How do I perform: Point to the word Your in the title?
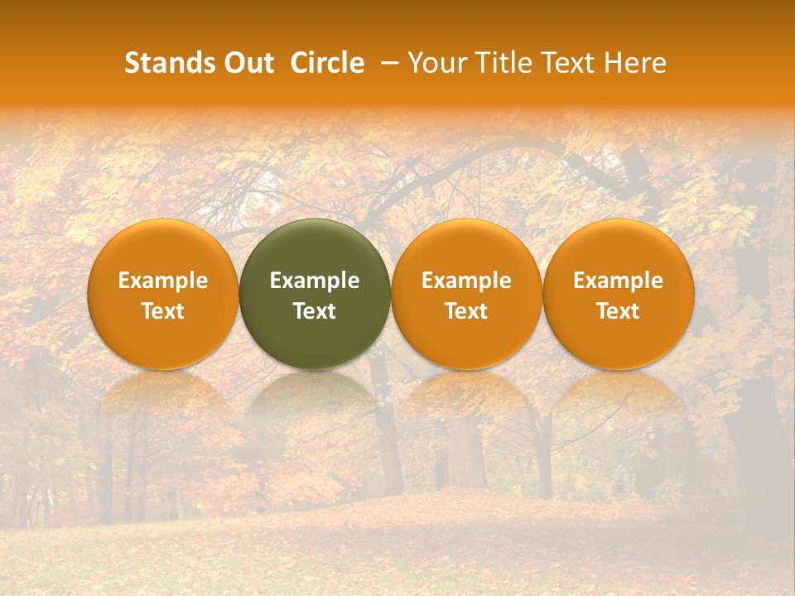point(437,63)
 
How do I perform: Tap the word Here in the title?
point(635,63)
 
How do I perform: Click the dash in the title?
point(387,63)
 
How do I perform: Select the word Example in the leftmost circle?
point(163,281)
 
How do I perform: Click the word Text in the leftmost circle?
point(163,311)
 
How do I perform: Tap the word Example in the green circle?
point(315,281)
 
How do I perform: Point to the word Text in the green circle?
point(315,311)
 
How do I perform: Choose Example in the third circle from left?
point(466,281)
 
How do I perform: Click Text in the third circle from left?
point(466,311)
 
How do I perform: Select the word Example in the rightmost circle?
point(618,281)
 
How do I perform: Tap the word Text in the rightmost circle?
point(618,311)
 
